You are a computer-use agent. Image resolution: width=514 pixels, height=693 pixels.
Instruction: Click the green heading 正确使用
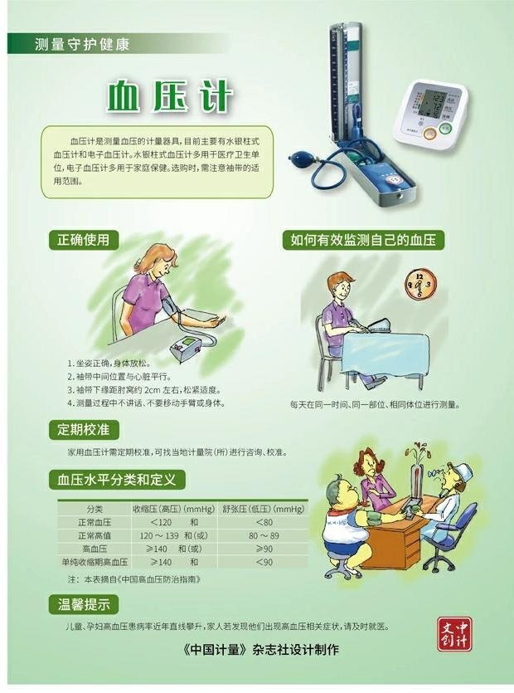(83, 240)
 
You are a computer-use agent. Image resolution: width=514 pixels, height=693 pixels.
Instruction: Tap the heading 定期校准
(83, 429)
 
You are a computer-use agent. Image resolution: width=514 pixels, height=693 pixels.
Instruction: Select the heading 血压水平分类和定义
(117, 480)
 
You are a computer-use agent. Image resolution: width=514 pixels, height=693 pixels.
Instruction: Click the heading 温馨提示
(84, 604)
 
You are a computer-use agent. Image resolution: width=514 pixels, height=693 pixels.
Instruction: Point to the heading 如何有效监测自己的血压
(363, 240)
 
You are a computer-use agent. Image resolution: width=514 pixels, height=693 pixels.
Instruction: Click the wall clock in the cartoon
(420, 284)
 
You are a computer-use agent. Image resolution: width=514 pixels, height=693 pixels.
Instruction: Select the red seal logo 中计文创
(454, 634)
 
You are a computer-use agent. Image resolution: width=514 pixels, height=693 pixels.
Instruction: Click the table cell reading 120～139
(159, 535)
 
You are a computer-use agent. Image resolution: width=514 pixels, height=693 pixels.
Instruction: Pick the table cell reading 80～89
(264, 535)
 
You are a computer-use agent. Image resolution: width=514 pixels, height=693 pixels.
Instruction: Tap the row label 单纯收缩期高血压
(95, 562)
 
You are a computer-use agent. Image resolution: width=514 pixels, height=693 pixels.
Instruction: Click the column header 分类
(95, 509)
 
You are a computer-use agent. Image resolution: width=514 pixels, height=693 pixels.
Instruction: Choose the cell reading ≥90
(264, 549)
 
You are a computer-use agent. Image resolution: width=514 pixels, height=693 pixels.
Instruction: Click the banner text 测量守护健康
(82, 44)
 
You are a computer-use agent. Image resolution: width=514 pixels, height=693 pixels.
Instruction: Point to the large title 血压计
(169, 95)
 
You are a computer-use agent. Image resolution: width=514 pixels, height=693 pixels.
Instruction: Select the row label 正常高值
(95, 535)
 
